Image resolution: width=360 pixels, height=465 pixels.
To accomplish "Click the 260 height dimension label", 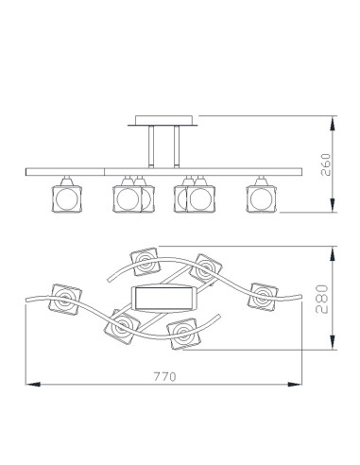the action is point(326,164).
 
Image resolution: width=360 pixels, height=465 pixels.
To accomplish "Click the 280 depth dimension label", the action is point(322,299).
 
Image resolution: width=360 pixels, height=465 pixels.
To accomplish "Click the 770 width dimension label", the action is point(165,376).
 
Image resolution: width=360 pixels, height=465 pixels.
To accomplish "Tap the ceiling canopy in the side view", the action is point(163,121).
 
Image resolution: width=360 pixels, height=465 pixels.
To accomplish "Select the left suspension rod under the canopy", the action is point(151,146).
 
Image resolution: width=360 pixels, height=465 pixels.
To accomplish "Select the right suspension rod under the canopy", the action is point(177,146).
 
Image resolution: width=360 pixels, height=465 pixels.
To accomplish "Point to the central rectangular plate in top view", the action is point(164,298).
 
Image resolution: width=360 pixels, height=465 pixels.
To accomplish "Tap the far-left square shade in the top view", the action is point(65,299).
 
